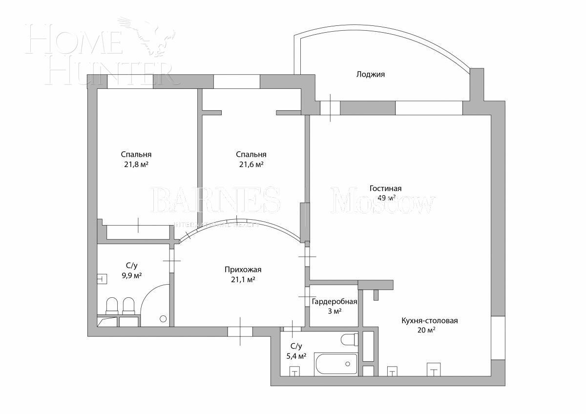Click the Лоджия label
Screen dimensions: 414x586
click(x=371, y=75)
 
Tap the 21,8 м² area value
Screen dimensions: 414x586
click(x=136, y=165)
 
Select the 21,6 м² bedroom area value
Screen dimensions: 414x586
click(x=251, y=165)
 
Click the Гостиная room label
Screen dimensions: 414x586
click(x=385, y=189)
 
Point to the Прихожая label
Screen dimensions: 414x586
click(x=243, y=269)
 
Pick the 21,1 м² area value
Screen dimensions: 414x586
click(x=243, y=280)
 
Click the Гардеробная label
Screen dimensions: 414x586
click(x=335, y=302)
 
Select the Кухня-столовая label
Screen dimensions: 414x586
click(x=429, y=321)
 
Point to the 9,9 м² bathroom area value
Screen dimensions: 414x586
click(x=131, y=275)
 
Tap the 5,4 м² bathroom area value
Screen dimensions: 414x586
click(x=296, y=356)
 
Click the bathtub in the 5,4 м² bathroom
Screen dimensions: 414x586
click(x=336, y=364)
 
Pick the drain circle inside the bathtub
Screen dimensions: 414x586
click(x=348, y=364)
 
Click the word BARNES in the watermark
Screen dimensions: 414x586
click(x=216, y=201)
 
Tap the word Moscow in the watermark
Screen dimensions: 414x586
click(x=382, y=201)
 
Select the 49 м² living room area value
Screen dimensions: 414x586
click(x=386, y=198)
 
